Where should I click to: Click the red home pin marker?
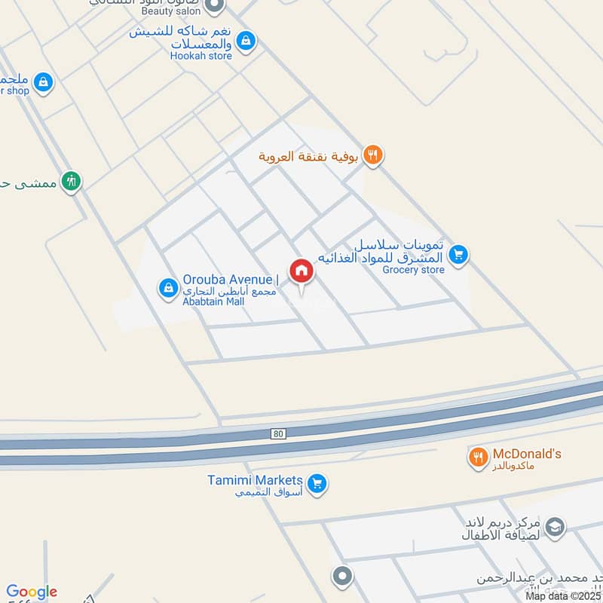pos(301,272)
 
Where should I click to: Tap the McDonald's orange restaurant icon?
pos(477,458)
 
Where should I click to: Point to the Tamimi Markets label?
pos(255,481)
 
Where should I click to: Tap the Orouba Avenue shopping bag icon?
pos(167,287)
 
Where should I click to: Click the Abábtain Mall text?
pos(214,301)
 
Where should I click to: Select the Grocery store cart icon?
pos(460,256)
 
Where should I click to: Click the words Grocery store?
pos(413,270)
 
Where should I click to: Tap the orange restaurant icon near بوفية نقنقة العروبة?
pos(372,156)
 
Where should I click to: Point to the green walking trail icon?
pos(72,181)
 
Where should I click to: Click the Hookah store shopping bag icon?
pos(245,42)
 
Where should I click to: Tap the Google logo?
pos(32,592)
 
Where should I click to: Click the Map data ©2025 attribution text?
pos(563,596)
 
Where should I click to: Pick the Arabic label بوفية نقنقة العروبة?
pos(308,157)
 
